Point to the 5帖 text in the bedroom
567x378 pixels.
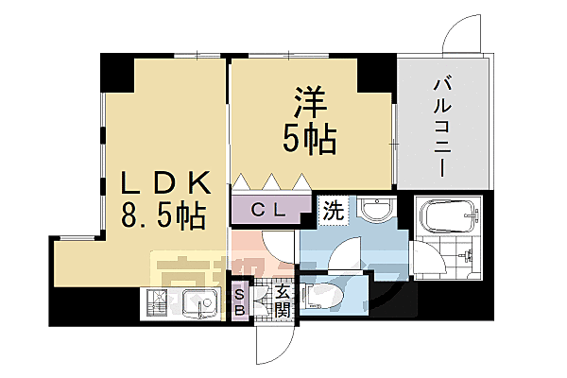(x=310, y=140)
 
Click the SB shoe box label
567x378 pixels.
(x=240, y=301)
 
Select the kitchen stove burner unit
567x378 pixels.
(x=158, y=304)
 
